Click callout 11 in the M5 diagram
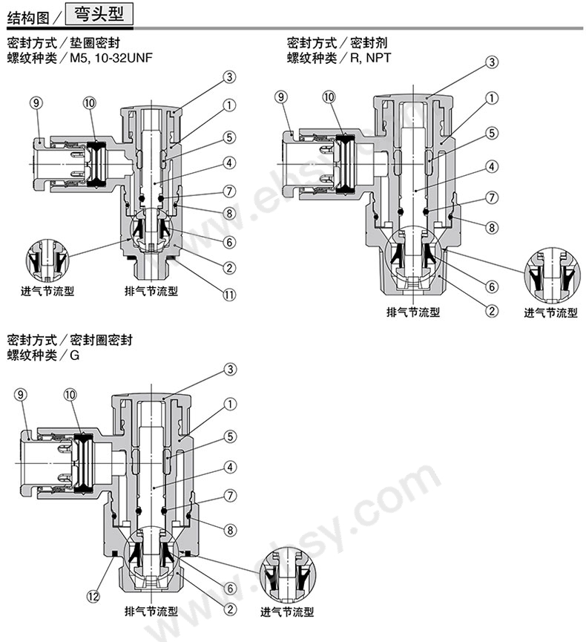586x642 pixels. pyautogui.click(x=230, y=295)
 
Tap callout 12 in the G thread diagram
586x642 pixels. pyautogui.click(x=93, y=594)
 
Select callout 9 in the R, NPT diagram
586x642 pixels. pyautogui.click(x=280, y=96)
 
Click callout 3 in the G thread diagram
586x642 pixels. pyautogui.click(x=230, y=369)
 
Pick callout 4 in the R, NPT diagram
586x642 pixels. pyautogui.click(x=491, y=166)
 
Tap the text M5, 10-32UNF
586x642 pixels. pyautogui.click(x=112, y=57)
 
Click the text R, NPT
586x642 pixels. pyautogui.click(x=372, y=57)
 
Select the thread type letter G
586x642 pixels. pyautogui.click(x=74, y=355)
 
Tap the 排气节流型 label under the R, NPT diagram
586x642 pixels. pyautogui.click(x=413, y=312)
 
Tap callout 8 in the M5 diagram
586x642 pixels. pyautogui.click(x=230, y=212)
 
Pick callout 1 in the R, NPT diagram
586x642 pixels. pyautogui.click(x=491, y=98)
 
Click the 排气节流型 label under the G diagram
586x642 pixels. pyautogui.click(x=151, y=612)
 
